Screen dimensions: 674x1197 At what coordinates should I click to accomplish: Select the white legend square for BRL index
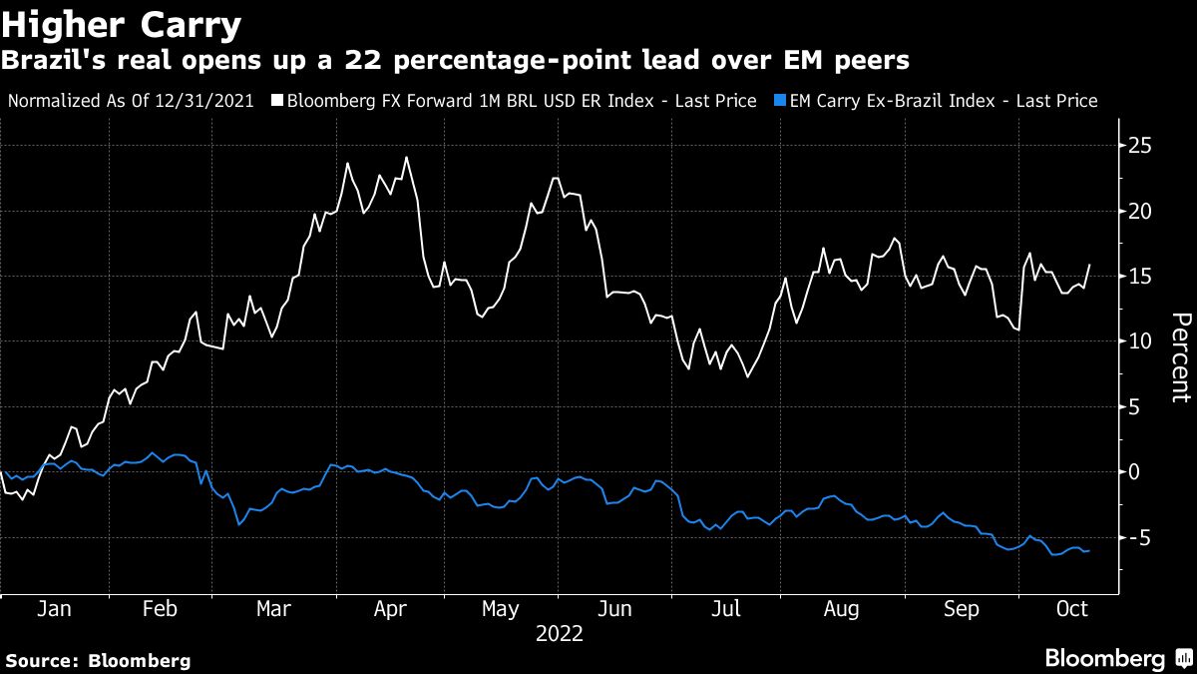click(278, 101)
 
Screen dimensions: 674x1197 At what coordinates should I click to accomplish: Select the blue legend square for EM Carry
click(778, 101)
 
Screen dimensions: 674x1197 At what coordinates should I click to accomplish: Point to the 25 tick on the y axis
click(1138, 146)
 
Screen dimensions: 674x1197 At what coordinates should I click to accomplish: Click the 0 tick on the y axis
click(1133, 472)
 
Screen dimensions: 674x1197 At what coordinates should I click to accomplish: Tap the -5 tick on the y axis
click(1136, 537)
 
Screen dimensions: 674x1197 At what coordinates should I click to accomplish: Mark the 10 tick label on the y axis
click(1138, 341)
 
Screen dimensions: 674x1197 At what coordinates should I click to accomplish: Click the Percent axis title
click(1179, 357)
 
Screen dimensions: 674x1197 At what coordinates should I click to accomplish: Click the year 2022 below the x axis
click(560, 633)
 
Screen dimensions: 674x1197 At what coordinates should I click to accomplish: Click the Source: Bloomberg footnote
click(98, 660)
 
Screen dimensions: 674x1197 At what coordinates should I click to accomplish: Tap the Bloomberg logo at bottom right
click(1116, 658)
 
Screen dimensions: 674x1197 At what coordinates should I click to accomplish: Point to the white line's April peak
click(406, 157)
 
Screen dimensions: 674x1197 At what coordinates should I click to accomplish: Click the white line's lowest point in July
click(747, 376)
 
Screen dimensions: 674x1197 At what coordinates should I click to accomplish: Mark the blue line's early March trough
click(238, 524)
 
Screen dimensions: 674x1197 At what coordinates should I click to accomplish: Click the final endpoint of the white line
click(1090, 265)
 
